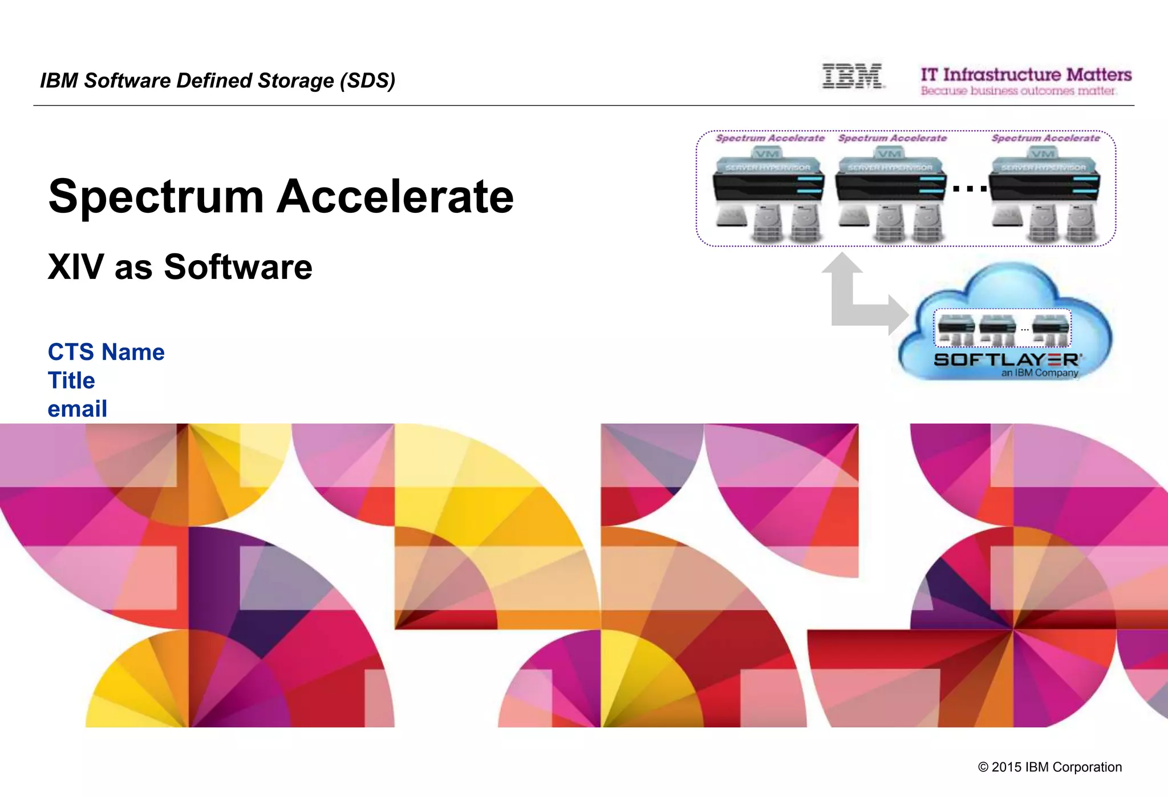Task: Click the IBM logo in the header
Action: click(x=852, y=76)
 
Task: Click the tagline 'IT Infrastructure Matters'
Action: click(x=1025, y=75)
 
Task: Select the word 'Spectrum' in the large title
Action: click(x=156, y=197)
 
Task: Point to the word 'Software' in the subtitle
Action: click(x=238, y=267)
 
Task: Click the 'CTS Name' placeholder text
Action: click(x=106, y=352)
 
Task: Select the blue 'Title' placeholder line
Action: click(x=71, y=381)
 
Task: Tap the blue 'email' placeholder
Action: click(x=77, y=409)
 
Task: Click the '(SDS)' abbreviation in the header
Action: click(x=367, y=81)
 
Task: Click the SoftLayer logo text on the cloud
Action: click(x=1007, y=360)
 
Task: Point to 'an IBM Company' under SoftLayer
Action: click(x=1039, y=373)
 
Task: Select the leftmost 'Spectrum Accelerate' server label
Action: click(x=770, y=138)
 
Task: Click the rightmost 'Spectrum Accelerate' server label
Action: click(x=1045, y=138)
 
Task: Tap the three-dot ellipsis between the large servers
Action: click(x=970, y=188)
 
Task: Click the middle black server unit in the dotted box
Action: click(x=890, y=185)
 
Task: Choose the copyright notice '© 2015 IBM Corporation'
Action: click(x=1049, y=767)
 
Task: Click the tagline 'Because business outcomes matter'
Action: click(x=1018, y=91)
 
